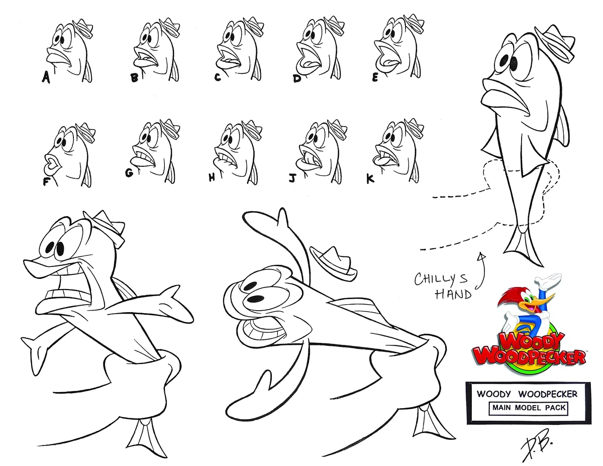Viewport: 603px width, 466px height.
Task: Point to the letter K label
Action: (x=371, y=178)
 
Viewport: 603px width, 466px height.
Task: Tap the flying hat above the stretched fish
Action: (x=334, y=260)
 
